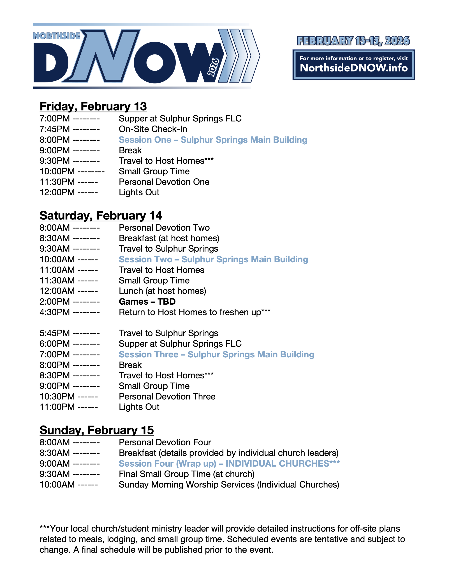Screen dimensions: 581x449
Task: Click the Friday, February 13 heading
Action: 93,106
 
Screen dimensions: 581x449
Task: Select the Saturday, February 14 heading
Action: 101,216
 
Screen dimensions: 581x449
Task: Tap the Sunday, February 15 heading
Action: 97,430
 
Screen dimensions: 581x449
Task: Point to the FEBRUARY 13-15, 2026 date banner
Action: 353,41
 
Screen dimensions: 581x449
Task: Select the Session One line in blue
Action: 213,140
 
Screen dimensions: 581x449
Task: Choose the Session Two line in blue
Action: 213,259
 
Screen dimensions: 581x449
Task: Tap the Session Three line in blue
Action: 216,355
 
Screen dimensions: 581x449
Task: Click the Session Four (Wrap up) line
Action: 229,464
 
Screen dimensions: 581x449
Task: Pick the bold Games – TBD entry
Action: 147,302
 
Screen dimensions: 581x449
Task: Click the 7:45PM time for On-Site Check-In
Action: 55,129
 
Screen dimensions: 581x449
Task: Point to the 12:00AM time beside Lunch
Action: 57,291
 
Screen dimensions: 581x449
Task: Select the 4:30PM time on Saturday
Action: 55,312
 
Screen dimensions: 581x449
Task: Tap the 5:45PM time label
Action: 55,333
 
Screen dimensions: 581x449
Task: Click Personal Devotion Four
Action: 165,442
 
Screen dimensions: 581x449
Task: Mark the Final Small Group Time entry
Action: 186,474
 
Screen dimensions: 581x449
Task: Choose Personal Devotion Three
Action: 167,397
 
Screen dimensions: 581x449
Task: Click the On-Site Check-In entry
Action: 153,129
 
